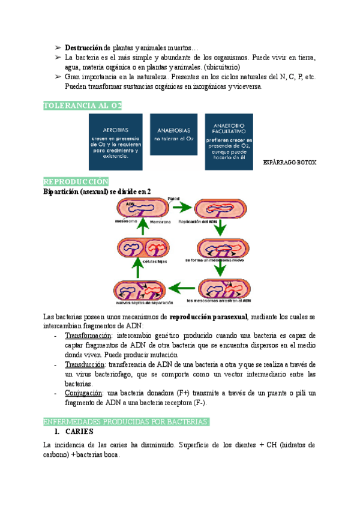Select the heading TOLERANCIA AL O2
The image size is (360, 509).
pyautogui.click(x=82, y=106)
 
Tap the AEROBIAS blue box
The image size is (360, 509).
pyautogui.click(x=115, y=142)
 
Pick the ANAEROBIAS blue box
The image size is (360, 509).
pyautogui.click(x=173, y=142)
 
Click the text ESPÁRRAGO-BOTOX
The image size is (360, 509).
pyautogui.click(x=290, y=163)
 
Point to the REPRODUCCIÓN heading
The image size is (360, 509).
pyautogui.click(x=76, y=181)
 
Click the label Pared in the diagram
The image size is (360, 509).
pyautogui.click(x=173, y=198)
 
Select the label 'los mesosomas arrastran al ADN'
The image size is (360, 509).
pyautogui.click(x=218, y=300)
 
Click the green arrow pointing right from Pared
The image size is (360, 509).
pyautogui.click(x=182, y=208)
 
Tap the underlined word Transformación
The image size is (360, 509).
pyautogui.click(x=88, y=336)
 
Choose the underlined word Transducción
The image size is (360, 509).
pyautogui.click(x=85, y=364)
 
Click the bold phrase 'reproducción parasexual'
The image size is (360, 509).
pyautogui.click(x=208, y=316)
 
